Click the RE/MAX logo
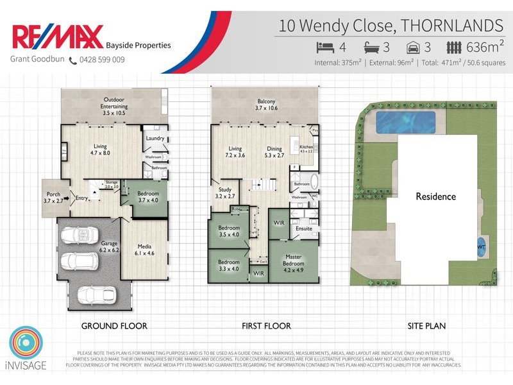(x=57, y=37)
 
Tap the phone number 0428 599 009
(x=101, y=60)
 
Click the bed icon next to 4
(x=326, y=47)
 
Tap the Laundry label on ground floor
(x=155, y=138)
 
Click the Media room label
(x=144, y=246)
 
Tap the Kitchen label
(x=306, y=147)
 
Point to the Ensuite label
(x=303, y=228)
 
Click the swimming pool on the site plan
(x=405, y=120)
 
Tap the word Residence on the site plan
(x=435, y=196)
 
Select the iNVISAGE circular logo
(x=26, y=345)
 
